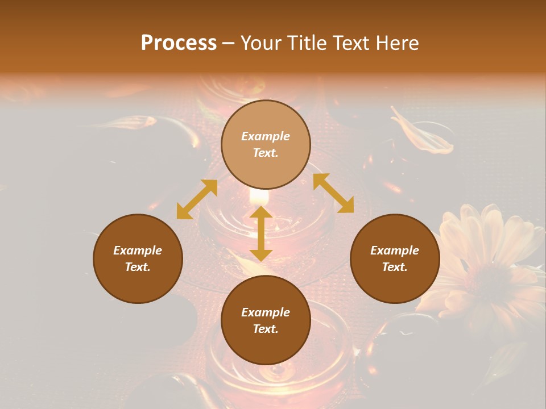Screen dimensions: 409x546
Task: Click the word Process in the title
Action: (179, 43)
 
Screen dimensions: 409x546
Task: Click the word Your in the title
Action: (262, 43)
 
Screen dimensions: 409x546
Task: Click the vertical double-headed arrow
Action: (260, 234)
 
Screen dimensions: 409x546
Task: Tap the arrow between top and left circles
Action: (197, 199)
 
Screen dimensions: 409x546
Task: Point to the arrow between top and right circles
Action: (333, 194)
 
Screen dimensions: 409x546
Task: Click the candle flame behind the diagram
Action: (259, 196)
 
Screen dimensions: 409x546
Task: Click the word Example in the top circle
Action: (266, 136)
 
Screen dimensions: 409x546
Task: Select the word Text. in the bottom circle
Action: (266, 329)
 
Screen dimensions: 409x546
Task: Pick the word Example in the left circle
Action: (138, 251)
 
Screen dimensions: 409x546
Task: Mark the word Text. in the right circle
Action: (395, 267)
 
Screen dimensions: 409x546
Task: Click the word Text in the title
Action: (349, 43)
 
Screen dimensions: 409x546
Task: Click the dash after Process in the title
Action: (229, 44)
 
